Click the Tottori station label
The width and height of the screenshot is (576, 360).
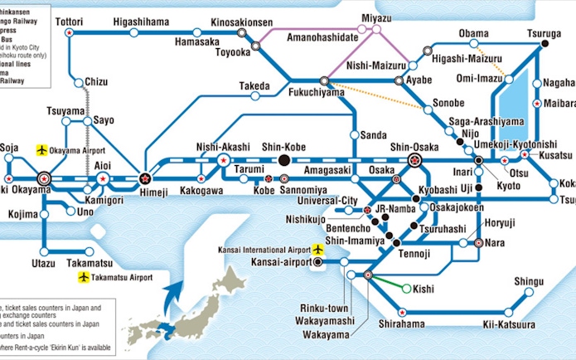click(70, 20)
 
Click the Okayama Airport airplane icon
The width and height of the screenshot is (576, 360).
click(42, 150)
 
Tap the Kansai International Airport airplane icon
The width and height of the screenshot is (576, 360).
click(317, 249)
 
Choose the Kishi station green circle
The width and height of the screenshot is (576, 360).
click(405, 289)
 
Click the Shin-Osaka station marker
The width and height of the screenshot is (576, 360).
click(415, 159)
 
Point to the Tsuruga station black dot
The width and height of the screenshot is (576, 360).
click(545, 44)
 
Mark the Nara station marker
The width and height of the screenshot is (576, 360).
click(478, 243)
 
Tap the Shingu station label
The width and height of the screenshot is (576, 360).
click(529, 282)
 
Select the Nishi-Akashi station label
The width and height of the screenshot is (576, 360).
click(223, 145)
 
